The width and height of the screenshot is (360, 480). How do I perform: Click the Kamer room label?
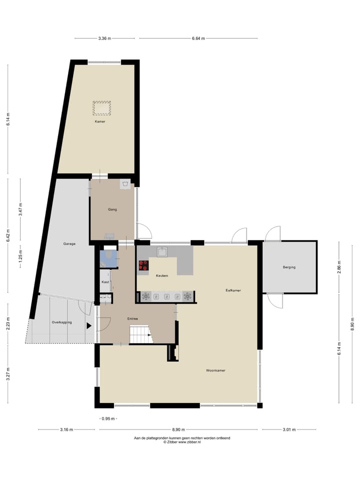click(x=100, y=121)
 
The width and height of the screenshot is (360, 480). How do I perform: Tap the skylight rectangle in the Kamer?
click(x=101, y=107)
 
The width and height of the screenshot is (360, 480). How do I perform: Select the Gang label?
click(x=112, y=209)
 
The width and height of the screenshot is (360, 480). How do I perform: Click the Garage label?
click(x=69, y=244)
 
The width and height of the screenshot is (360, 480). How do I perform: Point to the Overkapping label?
click(x=61, y=322)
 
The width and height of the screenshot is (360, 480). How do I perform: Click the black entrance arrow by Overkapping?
click(x=89, y=326)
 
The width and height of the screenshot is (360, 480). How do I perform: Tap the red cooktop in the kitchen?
click(x=143, y=265)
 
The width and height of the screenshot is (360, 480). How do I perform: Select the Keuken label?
click(x=161, y=276)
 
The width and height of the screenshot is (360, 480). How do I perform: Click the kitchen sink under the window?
click(x=162, y=252)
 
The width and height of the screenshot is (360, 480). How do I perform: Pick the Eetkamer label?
click(x=233, y=290)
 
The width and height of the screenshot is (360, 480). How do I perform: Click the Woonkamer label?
click(x=215, y=370)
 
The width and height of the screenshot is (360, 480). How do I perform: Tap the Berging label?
click(x=288, y=267)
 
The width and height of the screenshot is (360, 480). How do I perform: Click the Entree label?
click(x=132, y=318)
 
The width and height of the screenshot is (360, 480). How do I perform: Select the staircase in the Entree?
click(x=140, y=333)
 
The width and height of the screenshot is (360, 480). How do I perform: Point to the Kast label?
click(x=105, y=282)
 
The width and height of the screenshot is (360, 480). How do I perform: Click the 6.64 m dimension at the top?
click(x=198, y=38)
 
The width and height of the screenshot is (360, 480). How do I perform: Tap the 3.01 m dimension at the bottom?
click(x=289, y=429)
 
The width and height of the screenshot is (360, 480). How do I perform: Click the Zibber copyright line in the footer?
click(x=182, y=442)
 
